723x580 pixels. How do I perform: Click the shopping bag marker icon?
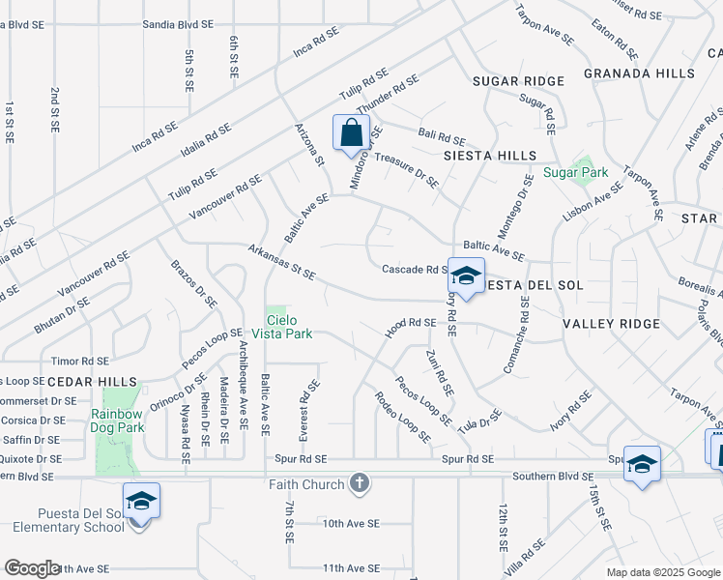(351, 132)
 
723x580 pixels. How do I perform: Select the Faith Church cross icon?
(360, 482)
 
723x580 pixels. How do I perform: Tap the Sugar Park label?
(575, 173)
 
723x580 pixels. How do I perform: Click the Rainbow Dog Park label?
(117, 420)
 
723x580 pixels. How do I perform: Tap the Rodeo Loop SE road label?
(403, 416)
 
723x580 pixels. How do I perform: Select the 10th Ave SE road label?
(352, 523)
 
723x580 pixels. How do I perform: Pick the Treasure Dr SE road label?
(406, 168)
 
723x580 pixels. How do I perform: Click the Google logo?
(33, 568)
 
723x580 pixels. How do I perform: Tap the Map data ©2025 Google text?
(662, 571)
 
